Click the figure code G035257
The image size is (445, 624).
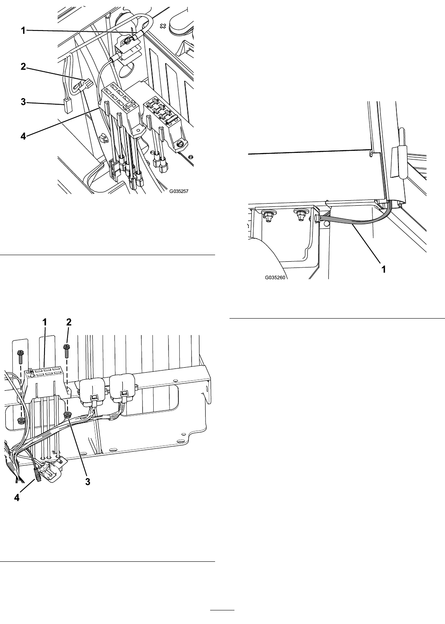(x=179, y=191)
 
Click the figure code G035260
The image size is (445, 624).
(x=275, y=277)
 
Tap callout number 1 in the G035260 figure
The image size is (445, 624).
(x=384, y=269)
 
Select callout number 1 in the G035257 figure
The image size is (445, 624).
(x=23, y=30)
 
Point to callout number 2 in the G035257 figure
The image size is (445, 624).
(x=23, y=67)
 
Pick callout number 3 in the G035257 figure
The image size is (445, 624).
(x=23, y=102)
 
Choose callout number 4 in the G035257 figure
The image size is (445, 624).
(x=23, y=136)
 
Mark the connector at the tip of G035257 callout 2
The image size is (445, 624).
(x=87, y=83)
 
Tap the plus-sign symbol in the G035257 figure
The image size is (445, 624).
(x=163, y=26)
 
